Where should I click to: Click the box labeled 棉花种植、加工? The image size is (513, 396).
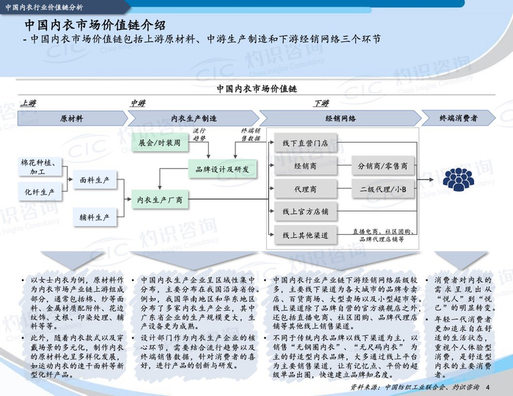pos(37,165)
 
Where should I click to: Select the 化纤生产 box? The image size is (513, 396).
pos(37,192)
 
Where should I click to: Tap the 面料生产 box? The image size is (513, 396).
pos(95,179)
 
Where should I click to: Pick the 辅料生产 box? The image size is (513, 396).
pos(95,217)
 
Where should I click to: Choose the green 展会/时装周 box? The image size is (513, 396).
pos(159,143)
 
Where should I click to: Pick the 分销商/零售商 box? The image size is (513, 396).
pos(383,166)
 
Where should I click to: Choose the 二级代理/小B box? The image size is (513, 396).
pos(383,189)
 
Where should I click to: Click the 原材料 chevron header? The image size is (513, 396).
pos(71,118)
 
